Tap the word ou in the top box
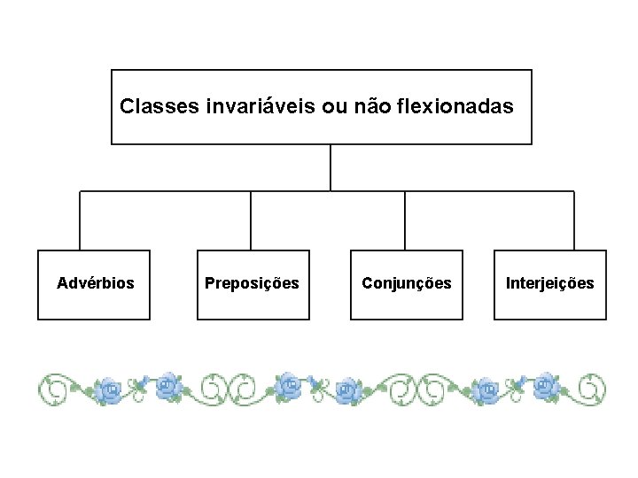311,107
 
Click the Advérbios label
96,283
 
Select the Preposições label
252,283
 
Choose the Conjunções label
406,283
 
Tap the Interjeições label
549,283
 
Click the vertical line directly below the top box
331,167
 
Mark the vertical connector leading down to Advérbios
81,220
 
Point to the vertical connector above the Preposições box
251,220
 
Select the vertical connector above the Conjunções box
405,220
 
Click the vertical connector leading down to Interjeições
573,220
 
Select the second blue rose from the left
167,385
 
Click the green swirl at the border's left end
52,388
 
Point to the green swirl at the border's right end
590,388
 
